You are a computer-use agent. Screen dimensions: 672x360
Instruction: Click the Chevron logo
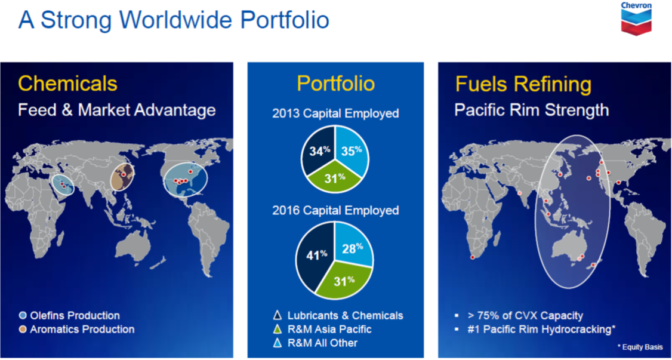click(x=636, y=18)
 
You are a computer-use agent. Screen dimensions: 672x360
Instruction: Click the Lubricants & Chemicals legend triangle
click(x=278, y=316)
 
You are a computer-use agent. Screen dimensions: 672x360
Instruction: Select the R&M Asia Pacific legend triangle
click(x=278, y=329)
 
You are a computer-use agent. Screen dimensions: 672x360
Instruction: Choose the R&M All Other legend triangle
click(x=278, y=343)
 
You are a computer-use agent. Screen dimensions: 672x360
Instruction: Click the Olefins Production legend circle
click(x=23, y=316)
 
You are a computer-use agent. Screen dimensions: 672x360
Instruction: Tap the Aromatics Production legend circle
click(x=23, y=330)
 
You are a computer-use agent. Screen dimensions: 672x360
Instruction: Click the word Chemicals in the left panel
click(x=67, y=84)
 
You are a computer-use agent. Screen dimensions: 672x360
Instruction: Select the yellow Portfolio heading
click(x=335, y=84)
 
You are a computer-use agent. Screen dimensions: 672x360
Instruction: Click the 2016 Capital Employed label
click(x=335, y=210)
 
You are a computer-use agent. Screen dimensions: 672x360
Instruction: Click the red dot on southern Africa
click(x=472, y=257)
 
